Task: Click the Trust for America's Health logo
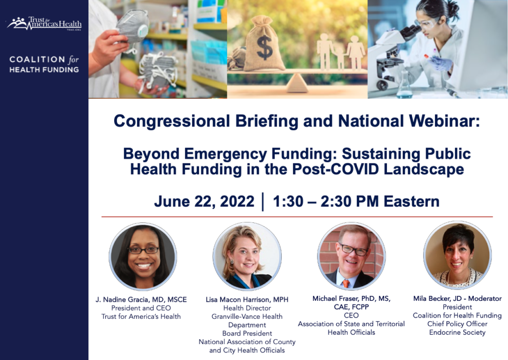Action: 44,23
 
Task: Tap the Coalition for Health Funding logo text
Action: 44,64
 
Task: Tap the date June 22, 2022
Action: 204,201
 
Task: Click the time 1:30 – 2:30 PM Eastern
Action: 356,201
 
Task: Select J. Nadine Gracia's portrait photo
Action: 143,256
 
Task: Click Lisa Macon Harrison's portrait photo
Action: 247,256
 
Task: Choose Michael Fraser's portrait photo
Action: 352,256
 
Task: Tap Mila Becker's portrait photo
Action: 457,255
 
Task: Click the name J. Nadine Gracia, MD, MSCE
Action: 141,299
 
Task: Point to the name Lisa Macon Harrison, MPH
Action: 247,299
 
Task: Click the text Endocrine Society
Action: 457,332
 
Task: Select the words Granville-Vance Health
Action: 247,316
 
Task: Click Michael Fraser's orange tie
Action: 346,283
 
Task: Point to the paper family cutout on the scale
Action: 341,52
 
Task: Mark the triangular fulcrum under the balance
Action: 298,83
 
